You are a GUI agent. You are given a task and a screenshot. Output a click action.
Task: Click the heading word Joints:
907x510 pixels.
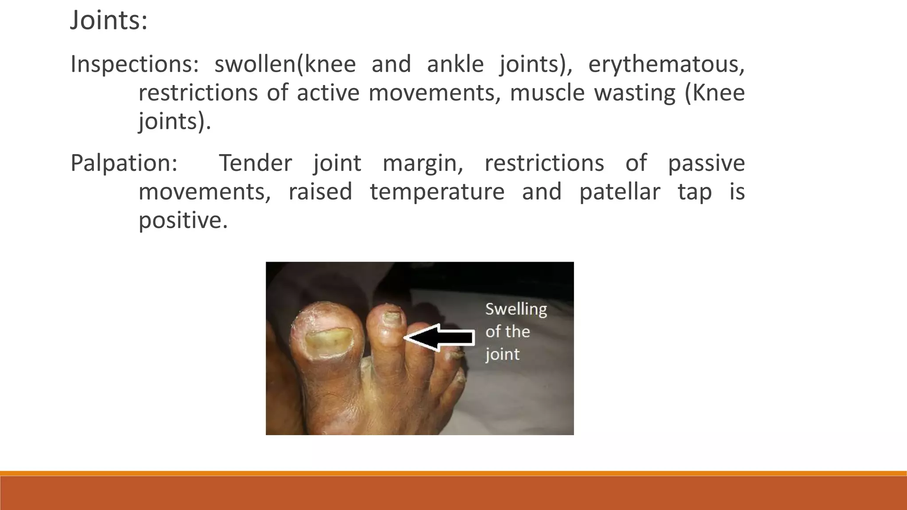pos(109,20)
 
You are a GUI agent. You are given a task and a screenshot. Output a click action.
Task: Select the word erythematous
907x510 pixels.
pos(666,65)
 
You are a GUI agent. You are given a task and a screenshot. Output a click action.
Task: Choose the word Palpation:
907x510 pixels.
pos(124,163)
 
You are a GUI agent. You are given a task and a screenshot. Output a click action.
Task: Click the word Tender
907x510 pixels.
pos(256,163)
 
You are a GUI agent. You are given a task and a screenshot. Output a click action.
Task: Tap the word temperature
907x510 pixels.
pos(437,192)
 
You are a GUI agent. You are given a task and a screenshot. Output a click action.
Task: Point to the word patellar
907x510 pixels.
pos(620,192)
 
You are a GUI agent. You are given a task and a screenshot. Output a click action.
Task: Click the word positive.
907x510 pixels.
pos(182,220)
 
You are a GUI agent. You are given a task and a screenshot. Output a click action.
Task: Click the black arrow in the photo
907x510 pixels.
pos(443,338)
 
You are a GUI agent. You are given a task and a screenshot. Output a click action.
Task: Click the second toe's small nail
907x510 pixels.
pos(391,316)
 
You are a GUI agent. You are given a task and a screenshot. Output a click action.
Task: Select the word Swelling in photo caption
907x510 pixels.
pos(516,309)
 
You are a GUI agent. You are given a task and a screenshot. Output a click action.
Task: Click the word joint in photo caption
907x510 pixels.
pos(502,355)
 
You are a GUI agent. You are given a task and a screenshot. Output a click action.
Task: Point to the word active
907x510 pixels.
pos(328,93)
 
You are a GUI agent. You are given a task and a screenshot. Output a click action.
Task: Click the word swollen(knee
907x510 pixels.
pos(285,65)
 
